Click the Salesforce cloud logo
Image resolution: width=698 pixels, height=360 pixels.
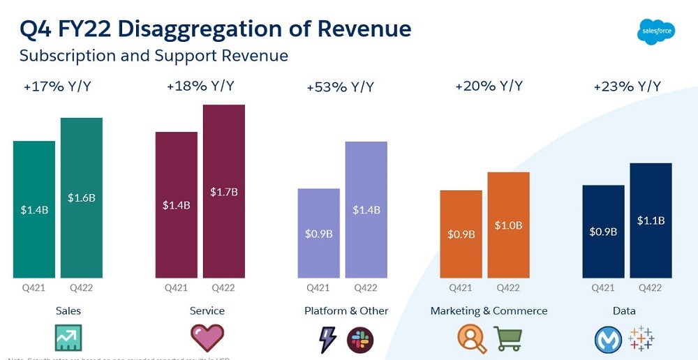tap(656, 31)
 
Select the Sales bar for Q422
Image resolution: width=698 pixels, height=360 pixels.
tap(82, 198)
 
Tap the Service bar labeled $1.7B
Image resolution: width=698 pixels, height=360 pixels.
tap(224, 192)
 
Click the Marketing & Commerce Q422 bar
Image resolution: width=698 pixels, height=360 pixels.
tap(508, 225)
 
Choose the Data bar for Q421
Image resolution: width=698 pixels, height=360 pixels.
tap(603, 231)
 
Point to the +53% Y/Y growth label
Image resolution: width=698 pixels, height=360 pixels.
tap(340, 87)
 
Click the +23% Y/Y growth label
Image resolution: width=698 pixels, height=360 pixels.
tap(627, 87)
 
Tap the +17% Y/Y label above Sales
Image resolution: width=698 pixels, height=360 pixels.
tap(57, 87)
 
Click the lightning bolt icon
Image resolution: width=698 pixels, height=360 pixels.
tap(326, 340)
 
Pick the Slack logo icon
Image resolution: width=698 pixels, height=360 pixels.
tap(360, 340)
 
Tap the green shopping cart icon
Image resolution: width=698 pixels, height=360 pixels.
tap(508, 338)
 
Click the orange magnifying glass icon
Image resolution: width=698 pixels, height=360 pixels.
tap(472, 338)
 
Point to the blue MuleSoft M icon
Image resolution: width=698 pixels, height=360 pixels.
tap(607, 340)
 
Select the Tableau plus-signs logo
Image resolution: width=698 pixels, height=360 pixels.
tap(641, 338)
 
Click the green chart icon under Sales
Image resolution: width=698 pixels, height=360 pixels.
tap(68, 338)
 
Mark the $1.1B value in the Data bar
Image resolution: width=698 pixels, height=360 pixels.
tap(651, 220)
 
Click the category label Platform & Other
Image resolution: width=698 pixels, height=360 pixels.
tap(346, 310)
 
